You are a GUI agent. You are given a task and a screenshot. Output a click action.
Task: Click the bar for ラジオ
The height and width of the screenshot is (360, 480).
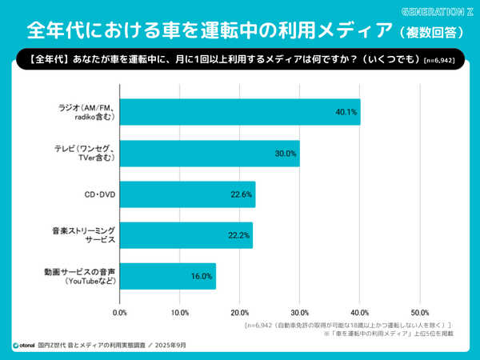tap(240, 112)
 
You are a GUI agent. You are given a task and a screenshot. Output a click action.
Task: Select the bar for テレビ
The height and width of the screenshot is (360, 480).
tap(210, 153)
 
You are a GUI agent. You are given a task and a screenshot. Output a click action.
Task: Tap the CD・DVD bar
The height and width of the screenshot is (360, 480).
tap(188, 194)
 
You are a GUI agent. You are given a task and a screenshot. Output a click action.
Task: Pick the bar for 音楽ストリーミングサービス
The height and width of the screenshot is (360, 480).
tap(186, 235)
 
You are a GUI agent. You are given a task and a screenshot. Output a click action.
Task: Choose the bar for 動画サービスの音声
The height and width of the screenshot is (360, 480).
tap(168, 276)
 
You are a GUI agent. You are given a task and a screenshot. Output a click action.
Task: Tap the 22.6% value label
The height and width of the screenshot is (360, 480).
tap(242, 194)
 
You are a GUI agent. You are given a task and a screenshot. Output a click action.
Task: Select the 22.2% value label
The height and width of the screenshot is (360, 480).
tap(239, 235)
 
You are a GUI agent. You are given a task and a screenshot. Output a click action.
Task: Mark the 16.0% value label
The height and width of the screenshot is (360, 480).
tap(202, 277)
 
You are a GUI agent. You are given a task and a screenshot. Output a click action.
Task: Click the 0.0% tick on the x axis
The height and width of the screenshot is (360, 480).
tap(120, 312)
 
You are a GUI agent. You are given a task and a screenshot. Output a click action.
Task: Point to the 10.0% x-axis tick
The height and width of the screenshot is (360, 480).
tap(180, 312)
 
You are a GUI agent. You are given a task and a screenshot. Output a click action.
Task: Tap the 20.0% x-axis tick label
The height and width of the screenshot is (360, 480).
tap(240, 312)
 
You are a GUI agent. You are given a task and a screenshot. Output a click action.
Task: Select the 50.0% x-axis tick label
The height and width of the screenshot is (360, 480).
tap(420, 312)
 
